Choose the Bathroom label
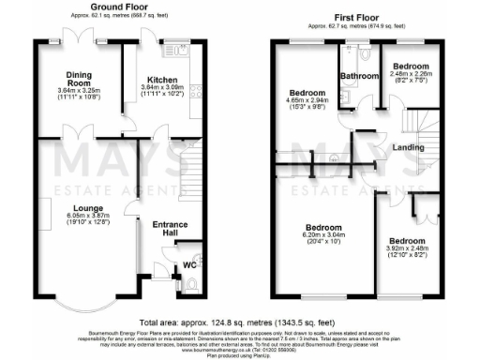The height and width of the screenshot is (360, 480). coord(358,75)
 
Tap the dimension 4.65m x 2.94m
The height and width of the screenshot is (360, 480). coord(307,101)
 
